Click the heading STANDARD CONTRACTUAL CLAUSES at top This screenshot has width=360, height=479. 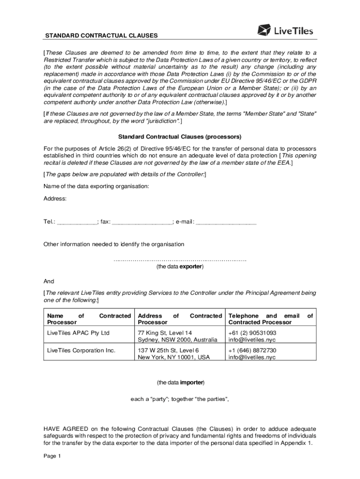(101, 36)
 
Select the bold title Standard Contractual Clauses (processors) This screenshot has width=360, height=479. (180, 137)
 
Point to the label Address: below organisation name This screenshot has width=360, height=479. (55, 199)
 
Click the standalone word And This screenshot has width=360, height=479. (49, 282)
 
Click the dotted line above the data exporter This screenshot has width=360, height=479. (180, 259)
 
